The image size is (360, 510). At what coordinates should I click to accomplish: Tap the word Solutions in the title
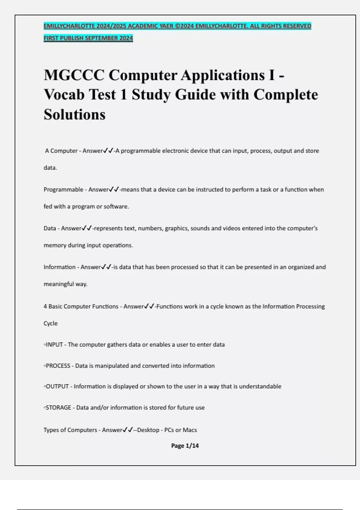[75, 115]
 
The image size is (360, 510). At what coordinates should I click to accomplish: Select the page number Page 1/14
[185, 446]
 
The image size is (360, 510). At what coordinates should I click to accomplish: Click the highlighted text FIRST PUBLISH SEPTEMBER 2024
[88, 38]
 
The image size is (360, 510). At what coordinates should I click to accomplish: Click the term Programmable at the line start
[63, 190]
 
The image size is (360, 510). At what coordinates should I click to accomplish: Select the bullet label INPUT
[54, 345]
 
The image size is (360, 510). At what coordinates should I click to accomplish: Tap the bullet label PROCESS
[58, 366]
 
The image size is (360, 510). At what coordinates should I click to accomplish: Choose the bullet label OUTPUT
[57, 386]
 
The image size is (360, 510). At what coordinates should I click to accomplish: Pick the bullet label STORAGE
[58, 408]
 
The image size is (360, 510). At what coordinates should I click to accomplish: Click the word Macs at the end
[190, 430]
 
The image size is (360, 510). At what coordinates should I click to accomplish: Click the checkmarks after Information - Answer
[106, 267]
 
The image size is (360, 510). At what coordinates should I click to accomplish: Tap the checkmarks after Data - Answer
[87, 228]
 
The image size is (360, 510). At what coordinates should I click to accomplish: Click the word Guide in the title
[195, 95]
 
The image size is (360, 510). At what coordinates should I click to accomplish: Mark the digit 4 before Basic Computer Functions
[45, 307]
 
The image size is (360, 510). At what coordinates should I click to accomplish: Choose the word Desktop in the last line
[148, 430]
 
